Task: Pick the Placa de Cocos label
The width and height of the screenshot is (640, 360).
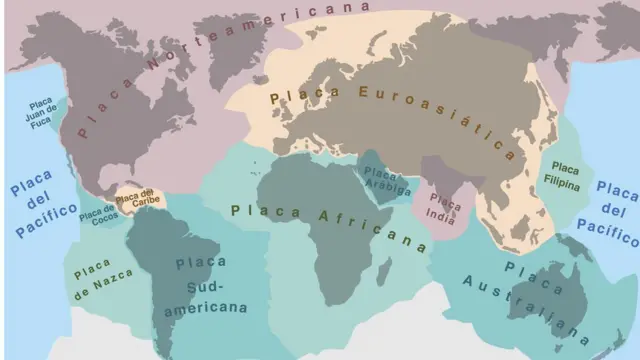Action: (x=97, y=214)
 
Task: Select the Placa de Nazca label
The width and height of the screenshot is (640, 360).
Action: (x=93, y=276)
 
